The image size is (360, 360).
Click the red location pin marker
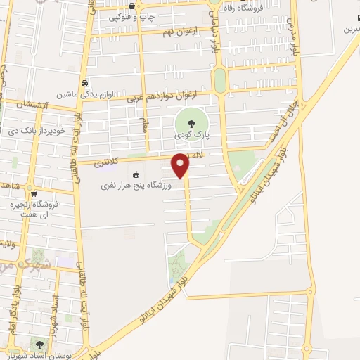[181, 165]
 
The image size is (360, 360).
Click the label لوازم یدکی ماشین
[84, 94]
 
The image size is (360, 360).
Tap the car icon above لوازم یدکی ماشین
[84, 82]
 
